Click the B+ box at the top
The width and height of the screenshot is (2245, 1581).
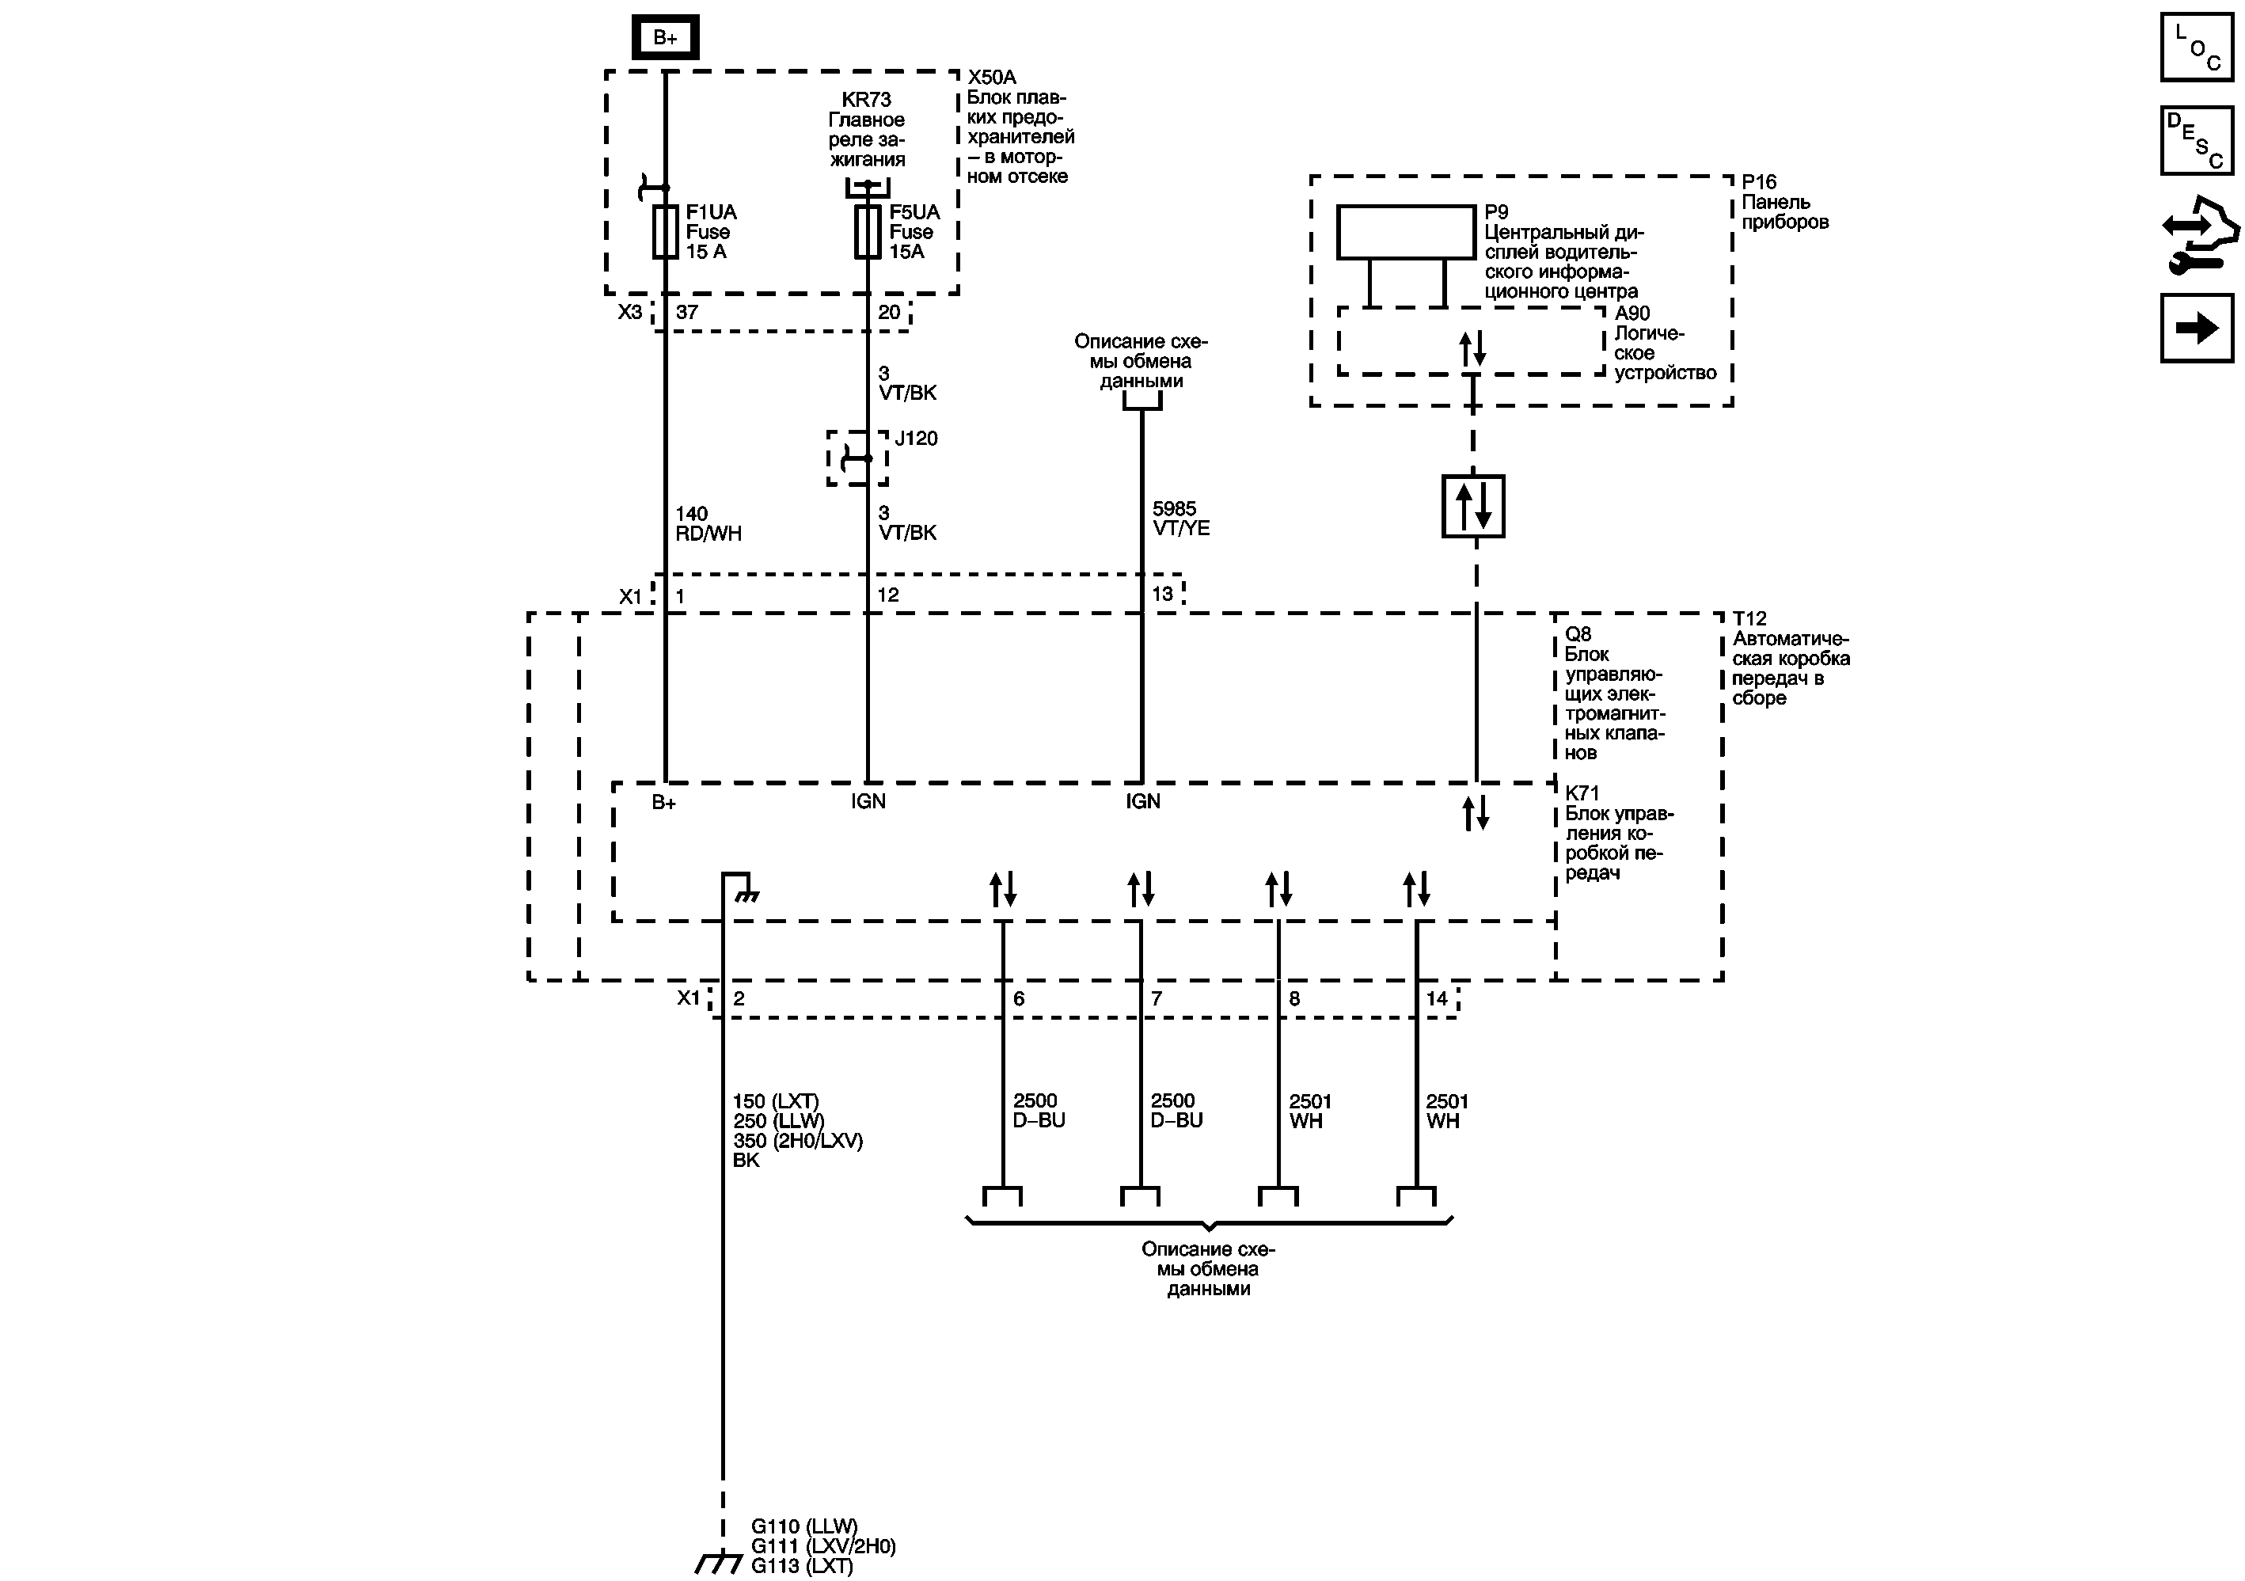(665, 37)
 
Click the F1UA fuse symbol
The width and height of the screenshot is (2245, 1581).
(665, 232)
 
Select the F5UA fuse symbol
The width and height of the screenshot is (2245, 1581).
(868, 232)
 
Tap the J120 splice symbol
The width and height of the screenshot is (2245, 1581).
(857, 458)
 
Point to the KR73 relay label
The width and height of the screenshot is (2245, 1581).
(866, 100)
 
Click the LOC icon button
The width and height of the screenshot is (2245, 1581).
(2196, 47)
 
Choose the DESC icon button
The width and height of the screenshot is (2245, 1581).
(2196, 140)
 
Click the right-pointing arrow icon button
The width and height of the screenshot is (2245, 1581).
(2196, 328)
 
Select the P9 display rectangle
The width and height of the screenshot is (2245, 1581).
(1405, 232)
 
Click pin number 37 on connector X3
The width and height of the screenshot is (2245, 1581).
(686, 312)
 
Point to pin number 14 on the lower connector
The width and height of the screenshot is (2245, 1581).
(1435, 998)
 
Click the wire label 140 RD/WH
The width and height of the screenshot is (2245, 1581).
(708, 523)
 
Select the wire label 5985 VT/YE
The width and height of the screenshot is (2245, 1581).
(1180, 519)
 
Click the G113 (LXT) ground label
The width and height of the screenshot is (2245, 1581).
(802, 1566)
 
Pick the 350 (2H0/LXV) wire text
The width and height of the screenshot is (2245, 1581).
(798, 1140)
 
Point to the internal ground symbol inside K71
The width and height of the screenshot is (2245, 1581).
(747, 894)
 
